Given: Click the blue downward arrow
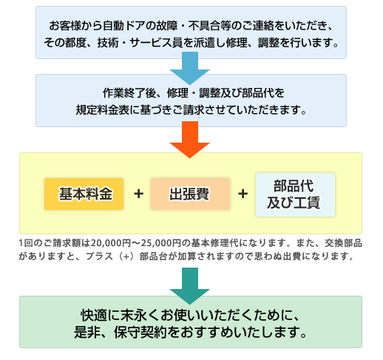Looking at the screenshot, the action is click(190, 68).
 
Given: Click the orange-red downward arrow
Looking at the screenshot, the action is click(190, 140).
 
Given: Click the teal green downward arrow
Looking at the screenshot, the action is click(190, 286).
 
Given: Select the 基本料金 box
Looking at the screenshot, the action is click(84, 194).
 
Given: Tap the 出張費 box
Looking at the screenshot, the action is click(190, 194).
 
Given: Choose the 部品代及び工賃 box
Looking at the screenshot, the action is click(295, 194).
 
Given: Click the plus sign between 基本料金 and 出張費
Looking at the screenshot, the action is click(138, 194).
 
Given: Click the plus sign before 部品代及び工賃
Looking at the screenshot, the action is click(243, 194).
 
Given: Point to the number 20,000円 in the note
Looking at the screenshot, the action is click(111, 243).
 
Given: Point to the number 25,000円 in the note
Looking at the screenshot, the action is click(161, 243).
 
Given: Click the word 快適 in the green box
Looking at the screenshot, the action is click(94, 315).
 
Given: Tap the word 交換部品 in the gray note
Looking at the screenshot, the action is click(343, 243).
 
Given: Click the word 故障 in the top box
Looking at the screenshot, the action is click(167, 26).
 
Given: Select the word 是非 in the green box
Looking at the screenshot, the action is click(87, 332).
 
